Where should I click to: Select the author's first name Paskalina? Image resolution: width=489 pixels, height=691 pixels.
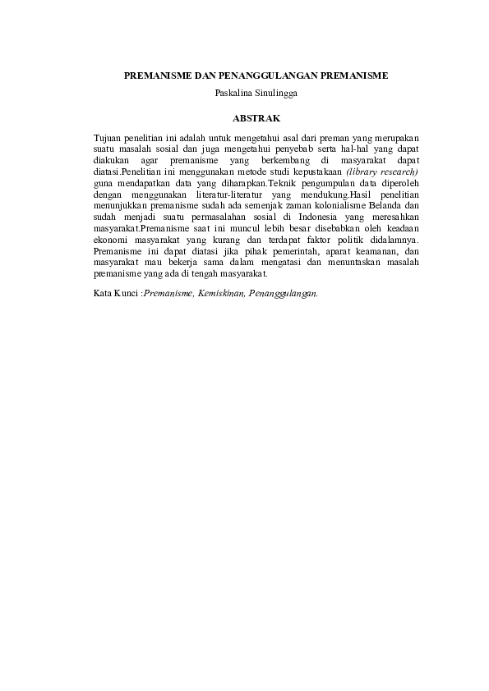[x=231, y=93]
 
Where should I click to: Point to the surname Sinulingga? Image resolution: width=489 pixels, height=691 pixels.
[x=274, y=93]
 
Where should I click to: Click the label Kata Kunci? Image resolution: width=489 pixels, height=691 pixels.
[x=116, y=292]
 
